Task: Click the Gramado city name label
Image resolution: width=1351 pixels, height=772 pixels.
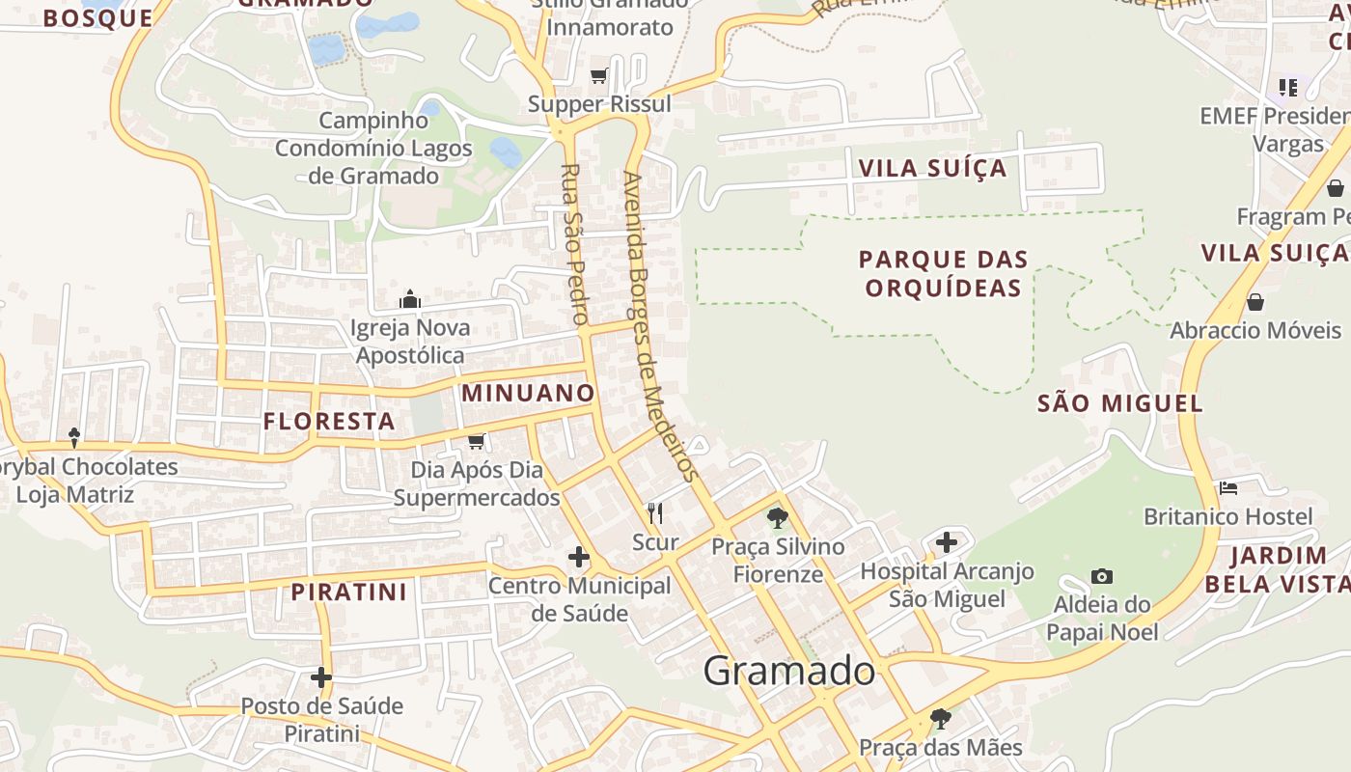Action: pos(789,670)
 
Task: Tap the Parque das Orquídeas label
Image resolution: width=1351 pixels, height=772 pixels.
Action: pos(943,273)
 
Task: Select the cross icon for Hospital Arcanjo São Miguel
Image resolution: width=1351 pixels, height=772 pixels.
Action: pos(947,542)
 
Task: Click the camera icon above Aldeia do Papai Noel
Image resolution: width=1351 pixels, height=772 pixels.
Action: pos(1102,576)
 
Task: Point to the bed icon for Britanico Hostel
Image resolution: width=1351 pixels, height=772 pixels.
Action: pos(1228,488)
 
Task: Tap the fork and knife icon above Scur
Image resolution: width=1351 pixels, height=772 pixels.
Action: pos(655,512)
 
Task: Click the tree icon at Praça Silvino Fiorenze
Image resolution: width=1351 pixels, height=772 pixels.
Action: pos(778,518)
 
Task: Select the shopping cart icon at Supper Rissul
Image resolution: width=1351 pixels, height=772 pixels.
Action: pos(599,75)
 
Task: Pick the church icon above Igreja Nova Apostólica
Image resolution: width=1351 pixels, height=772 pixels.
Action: pos(411,299)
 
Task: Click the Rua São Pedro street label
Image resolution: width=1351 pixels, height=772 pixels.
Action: pos(574,244)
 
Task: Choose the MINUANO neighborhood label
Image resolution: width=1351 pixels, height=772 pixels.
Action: pos(528,393)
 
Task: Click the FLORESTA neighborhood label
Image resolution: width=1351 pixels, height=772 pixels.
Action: pos(329,422)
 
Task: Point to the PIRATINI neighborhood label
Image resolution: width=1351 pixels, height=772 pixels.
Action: pos(349,592)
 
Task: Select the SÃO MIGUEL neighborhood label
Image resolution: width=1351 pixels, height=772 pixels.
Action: pos(1120,403)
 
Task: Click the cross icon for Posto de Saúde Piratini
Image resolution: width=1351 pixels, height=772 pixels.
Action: pos(321,677)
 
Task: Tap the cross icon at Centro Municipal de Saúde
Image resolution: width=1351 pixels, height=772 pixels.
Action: pos(579,557)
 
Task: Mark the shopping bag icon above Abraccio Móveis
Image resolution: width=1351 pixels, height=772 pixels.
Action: pos(1255,302)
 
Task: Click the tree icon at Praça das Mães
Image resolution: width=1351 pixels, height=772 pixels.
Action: pos(940,719)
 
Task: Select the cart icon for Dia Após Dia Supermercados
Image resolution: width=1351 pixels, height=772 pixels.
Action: pos(476,442)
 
